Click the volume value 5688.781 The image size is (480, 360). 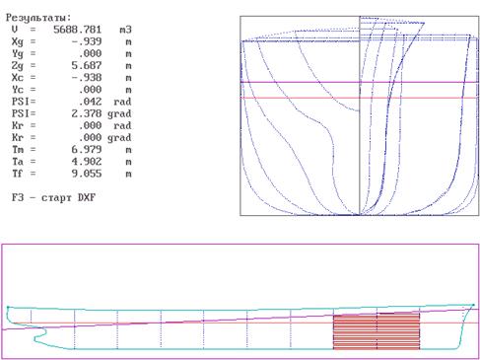77,30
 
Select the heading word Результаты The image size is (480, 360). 37,18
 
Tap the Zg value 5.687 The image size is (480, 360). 87,66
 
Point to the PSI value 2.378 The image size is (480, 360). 87,113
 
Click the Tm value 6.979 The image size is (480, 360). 87,150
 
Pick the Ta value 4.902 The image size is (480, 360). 87,162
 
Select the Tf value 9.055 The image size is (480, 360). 87,174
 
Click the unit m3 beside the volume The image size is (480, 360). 125,30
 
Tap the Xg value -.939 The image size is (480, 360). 87,41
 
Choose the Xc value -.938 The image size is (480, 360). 87,78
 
